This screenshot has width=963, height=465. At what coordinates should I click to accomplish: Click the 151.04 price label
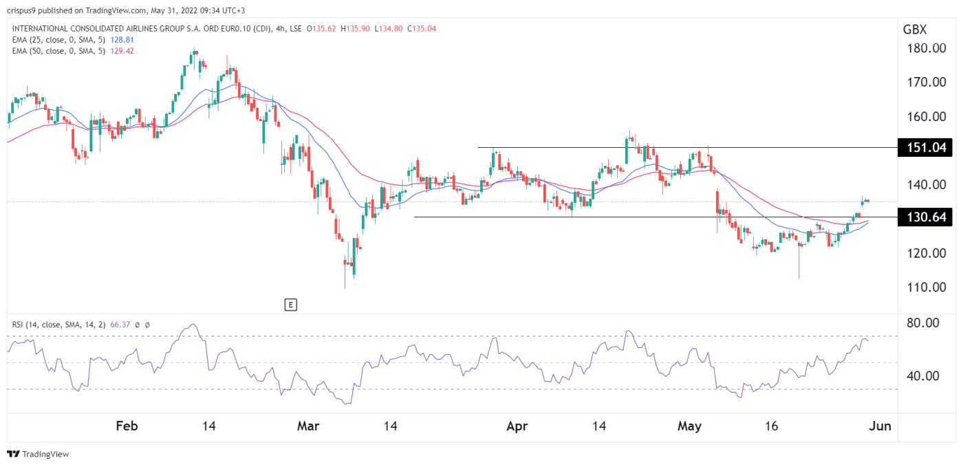pyautogui.click(x=926, y=148)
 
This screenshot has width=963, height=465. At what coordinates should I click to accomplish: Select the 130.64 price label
pyautogui.click(x=926, y=217)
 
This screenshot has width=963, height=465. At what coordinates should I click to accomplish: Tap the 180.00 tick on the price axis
pyautogui.click(x=925, y=48)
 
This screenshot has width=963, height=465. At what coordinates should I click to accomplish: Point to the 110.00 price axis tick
pyautogui.click(x=925, y=287)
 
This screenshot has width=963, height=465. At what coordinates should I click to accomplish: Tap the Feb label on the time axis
pyautogui.click(x=127, y=426)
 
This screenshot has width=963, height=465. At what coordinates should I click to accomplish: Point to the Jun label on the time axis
pyautogui.click(x=881, y=426)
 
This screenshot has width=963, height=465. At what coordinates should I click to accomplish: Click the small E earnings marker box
pyautogui.click(x=291, y=304)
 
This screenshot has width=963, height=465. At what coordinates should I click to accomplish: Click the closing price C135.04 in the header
pyautogui.click(x=421, y=29)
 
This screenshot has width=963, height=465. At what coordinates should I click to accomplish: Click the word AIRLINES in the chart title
pyautogui.click(x=135, y=29)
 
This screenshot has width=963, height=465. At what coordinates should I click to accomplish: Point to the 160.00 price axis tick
pyautogui.click(x=925, y=116)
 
